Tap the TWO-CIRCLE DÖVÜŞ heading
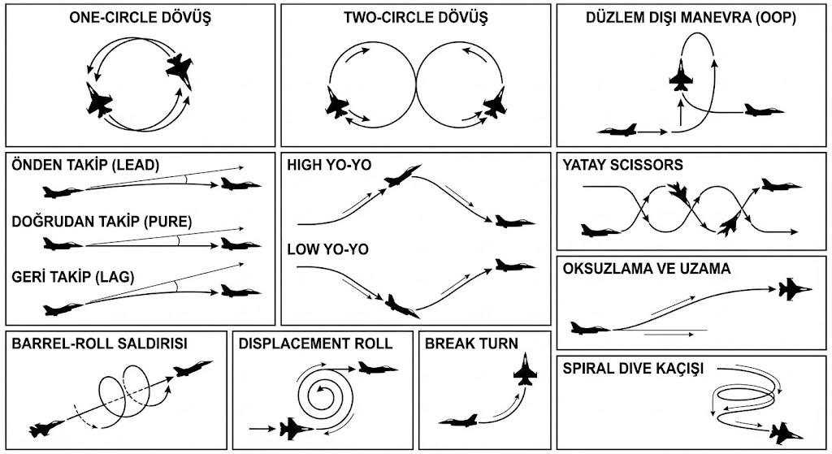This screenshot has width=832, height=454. pos(415,17)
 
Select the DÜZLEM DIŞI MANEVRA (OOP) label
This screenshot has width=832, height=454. pos(691,17)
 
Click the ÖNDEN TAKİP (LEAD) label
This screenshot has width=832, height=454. pos(85,165)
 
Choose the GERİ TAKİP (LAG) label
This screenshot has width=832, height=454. pos(73,277)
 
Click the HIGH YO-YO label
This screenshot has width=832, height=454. pos(329,165)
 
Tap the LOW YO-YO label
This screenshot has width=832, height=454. pos(328,249)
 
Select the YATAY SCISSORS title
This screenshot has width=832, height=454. pos(622,165)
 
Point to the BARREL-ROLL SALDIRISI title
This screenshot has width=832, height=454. pos(100,344)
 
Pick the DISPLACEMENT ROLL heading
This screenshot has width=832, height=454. pos(315,344)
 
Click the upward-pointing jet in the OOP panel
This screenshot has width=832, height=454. pos(681,75)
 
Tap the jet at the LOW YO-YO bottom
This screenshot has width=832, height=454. pos(402,305)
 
